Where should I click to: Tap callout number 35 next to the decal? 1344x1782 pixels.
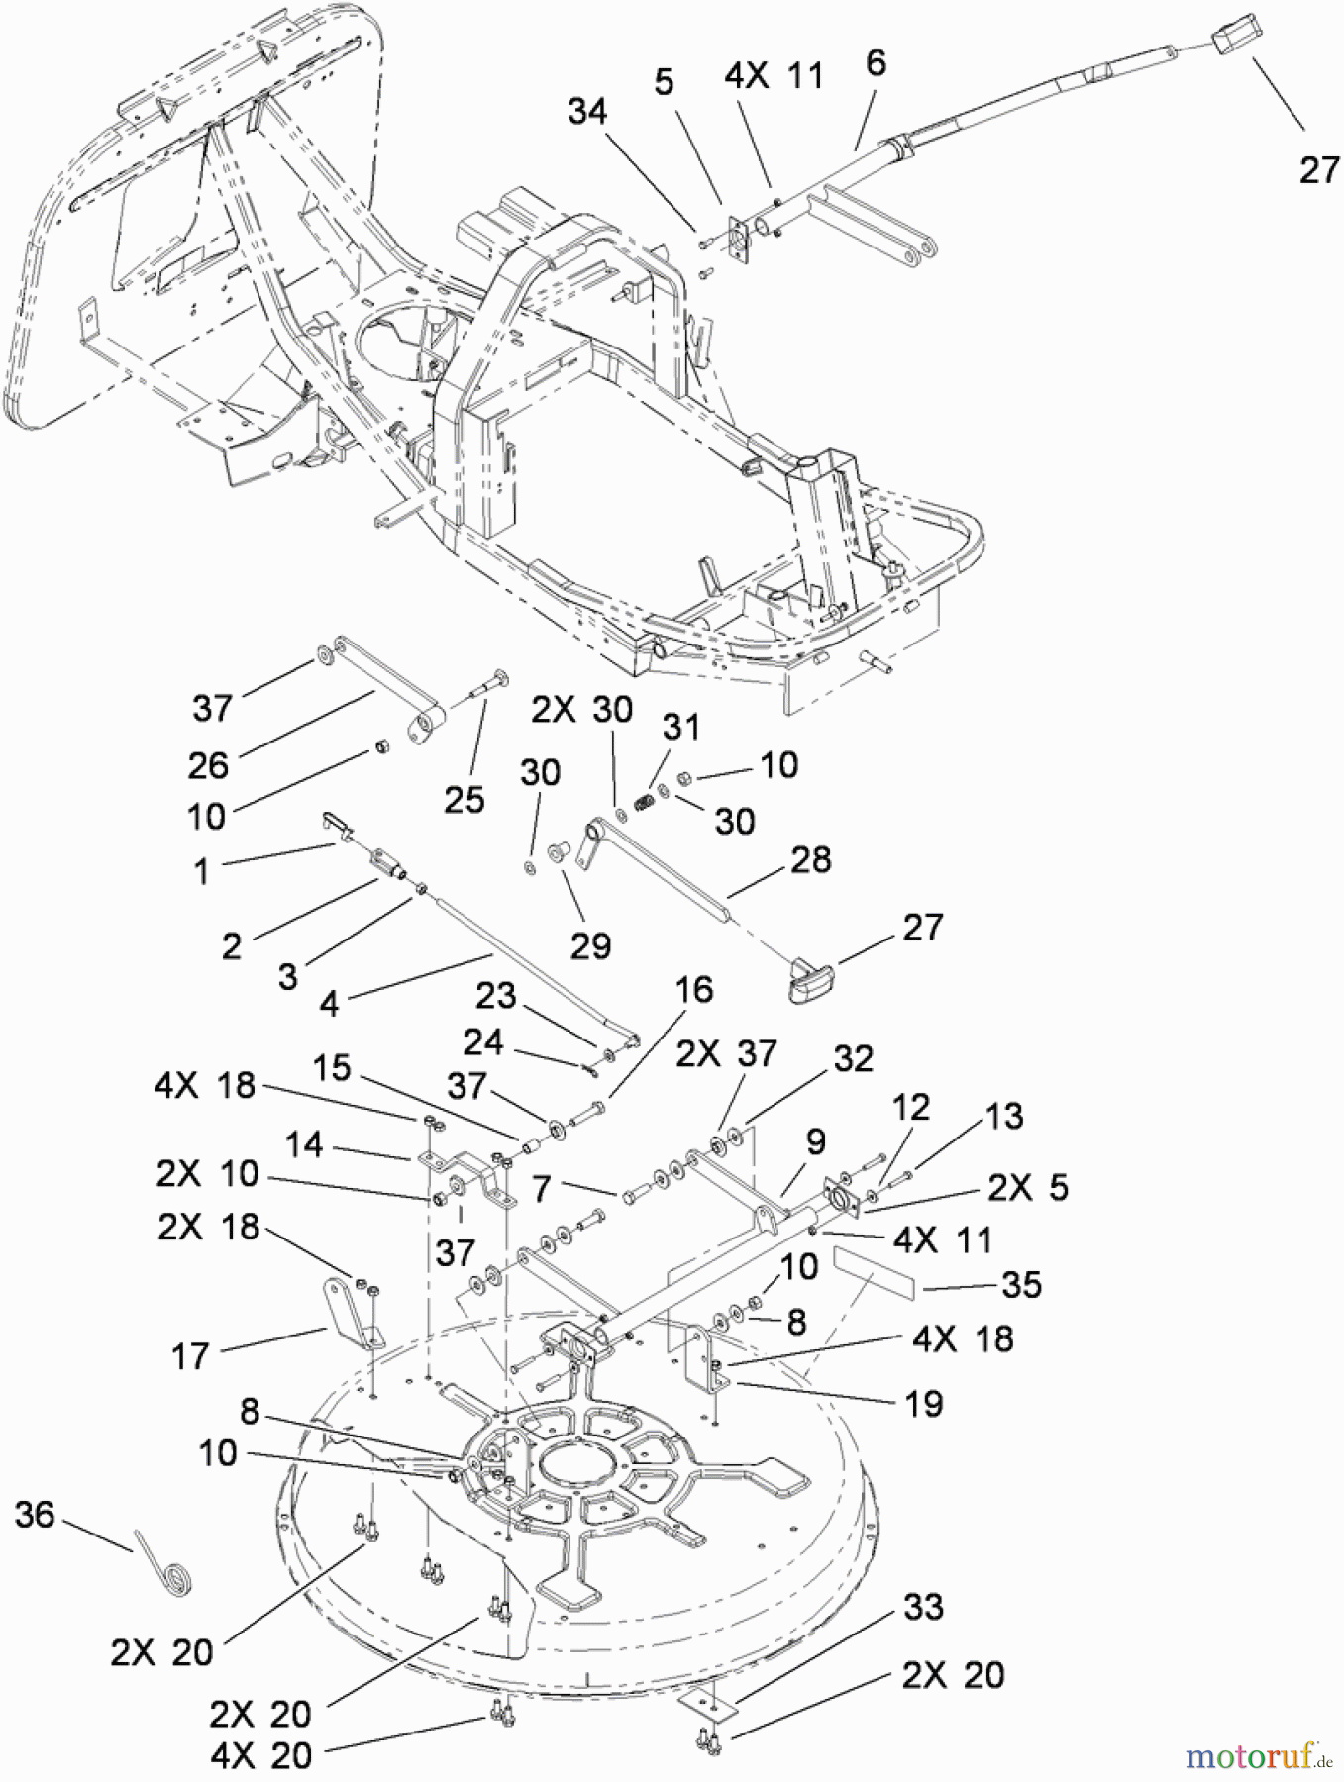coord(1021,1284)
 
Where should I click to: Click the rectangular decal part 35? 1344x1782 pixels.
coord(866,1272)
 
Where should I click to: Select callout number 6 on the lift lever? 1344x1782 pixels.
coord(875,63)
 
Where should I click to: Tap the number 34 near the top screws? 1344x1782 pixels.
coord(586,111)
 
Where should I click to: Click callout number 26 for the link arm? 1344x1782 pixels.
coord(208,764)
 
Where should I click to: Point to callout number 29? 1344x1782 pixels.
coord(590,945)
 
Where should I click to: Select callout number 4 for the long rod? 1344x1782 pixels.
coord(329,1004)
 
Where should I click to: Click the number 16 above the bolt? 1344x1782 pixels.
coord(693,989)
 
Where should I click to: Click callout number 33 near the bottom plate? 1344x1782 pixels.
coord(923,1606)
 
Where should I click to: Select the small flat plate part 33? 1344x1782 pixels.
coord(709,1700)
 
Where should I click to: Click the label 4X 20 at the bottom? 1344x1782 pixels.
coord(260,1755)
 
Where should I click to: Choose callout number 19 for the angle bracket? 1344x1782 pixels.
coord(923,1403)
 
